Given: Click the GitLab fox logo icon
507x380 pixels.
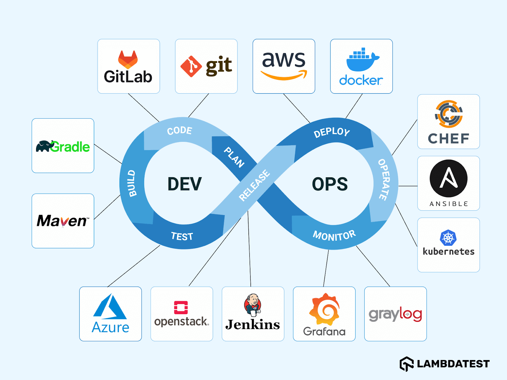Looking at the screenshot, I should coord(128,60).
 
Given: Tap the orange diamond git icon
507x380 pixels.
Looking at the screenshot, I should coord(191,66).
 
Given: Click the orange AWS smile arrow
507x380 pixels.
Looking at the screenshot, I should coord(284,75).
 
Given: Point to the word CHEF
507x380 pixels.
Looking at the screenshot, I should coord(448,139).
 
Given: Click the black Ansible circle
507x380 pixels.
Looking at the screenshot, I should coord(448,179).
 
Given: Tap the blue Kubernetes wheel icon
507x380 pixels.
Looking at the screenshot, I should coord(448,238).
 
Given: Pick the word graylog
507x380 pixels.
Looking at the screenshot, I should coord(395,314).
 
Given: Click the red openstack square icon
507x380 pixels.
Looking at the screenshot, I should coord(181,307).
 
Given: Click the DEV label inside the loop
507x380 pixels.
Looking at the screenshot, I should coord(184,184).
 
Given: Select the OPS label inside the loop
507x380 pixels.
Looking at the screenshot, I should coord(330,184).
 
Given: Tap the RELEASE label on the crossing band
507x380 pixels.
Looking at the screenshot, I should coord(254,186).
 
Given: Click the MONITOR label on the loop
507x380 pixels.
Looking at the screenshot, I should coord(334,236).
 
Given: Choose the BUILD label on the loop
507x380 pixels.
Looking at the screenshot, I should coord(132,183).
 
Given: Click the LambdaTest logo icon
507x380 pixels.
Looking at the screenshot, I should coord(407,364).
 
